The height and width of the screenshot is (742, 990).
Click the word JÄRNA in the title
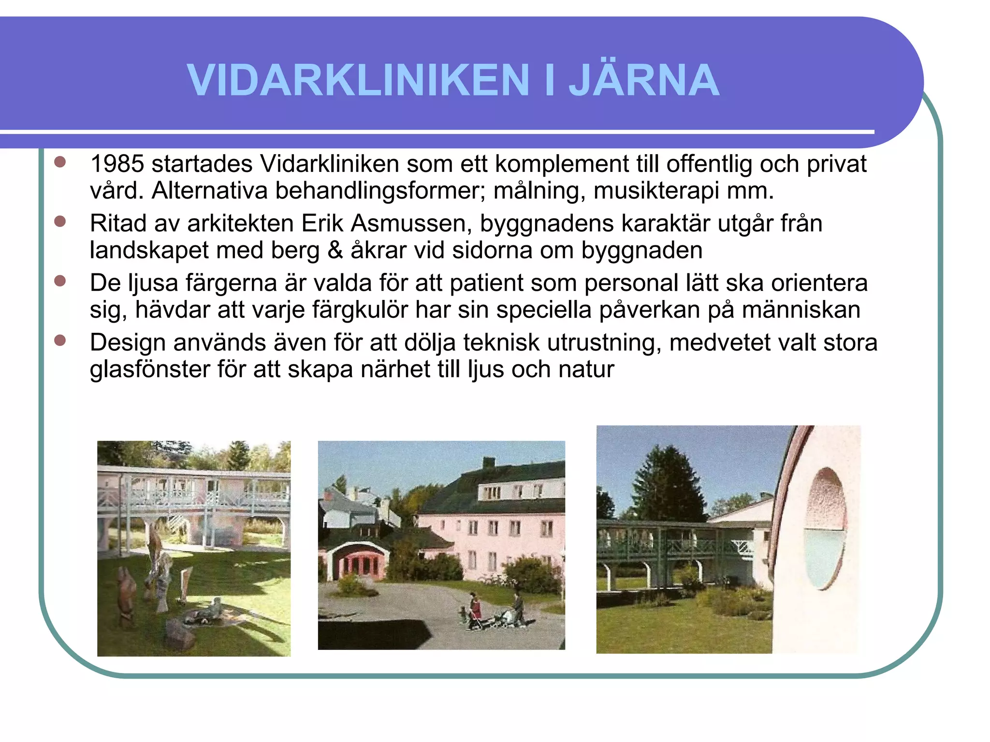click(x=644, y=80)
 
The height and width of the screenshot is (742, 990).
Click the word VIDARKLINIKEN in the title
click(x=358, y=80)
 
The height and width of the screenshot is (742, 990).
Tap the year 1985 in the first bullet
click(x=117, y=164)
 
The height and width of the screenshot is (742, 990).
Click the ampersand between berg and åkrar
click(x=335, y=250)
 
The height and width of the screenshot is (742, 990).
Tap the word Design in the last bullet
click(x=128, y=342)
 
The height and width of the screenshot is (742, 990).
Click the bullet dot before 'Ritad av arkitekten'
click(x=60, y=222)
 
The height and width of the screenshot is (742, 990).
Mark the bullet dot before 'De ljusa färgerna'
click(x=60, y=281)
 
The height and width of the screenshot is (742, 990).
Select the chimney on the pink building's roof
click(x=489, y=462)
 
